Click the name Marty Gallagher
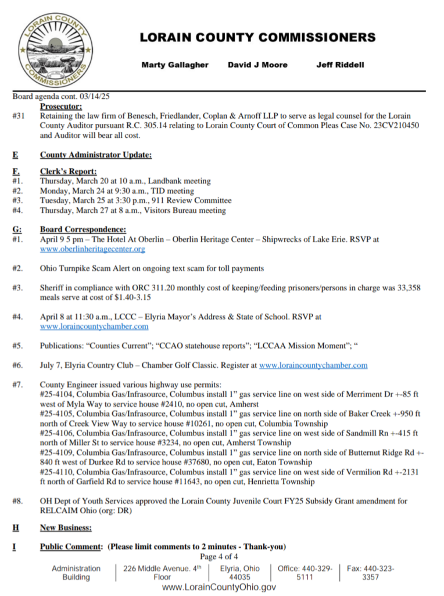point(174,65)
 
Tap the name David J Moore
point(257,65)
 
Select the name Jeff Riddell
point(340,65)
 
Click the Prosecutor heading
point(61,107)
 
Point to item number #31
point(19,116)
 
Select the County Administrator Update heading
point(95,155)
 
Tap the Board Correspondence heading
point(83,229)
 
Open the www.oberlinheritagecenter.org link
point(92,249)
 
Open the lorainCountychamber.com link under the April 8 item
point(94,327)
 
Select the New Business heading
point(66,527)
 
